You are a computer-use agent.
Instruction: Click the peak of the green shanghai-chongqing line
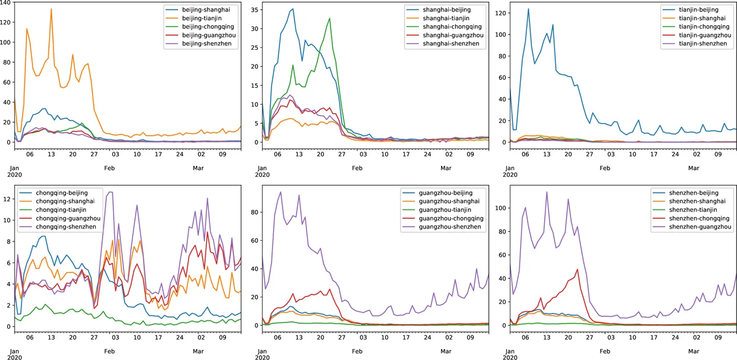(330, 18)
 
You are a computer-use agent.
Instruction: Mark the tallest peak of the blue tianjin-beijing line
(528, 9)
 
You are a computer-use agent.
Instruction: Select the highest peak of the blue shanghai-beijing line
(293, 9)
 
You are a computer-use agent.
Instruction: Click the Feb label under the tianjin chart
(604, 168)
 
